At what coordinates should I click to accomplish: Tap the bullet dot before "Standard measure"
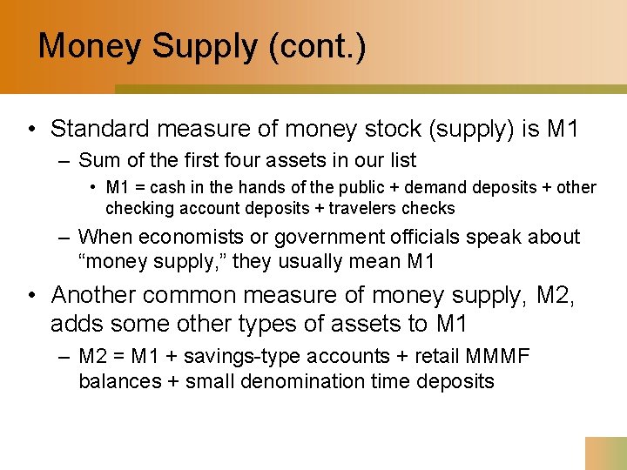(x=30, y=131)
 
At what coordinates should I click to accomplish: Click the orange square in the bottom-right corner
(x=606, y=453)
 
